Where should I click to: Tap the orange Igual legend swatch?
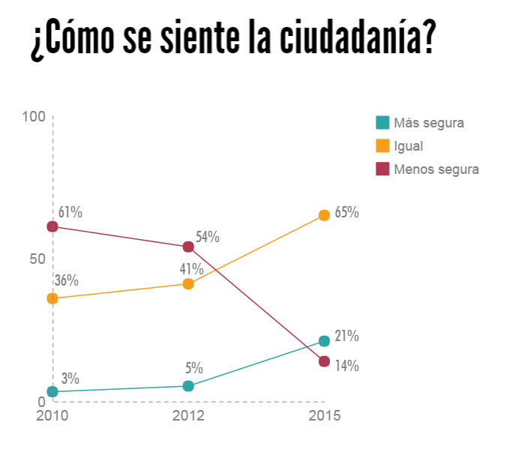[x=382, y=146]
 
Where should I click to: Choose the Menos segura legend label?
[x=436, y=169]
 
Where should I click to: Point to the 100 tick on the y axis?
[x=34, y=117]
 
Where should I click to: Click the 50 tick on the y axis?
[x=37, y=259]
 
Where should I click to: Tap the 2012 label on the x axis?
[x=188, y=415]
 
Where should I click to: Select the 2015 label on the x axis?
[x=324, y=415]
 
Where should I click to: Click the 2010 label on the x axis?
[x=52, y=415]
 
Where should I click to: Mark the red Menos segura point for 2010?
[x=52, y=226]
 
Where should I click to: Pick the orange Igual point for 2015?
[x=324, y=215]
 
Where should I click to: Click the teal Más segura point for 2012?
[x=188, y=386]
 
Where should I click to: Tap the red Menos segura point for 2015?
[x=324, y=361]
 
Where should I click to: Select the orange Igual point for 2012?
[x=188, y=284]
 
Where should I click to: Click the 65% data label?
[x=346, y=212]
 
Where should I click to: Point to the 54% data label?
[x=207, y=238]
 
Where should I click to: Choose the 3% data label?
[x=70, y=379]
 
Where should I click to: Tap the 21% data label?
[x=346, y=336]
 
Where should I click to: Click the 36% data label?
[x=67, y=280]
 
